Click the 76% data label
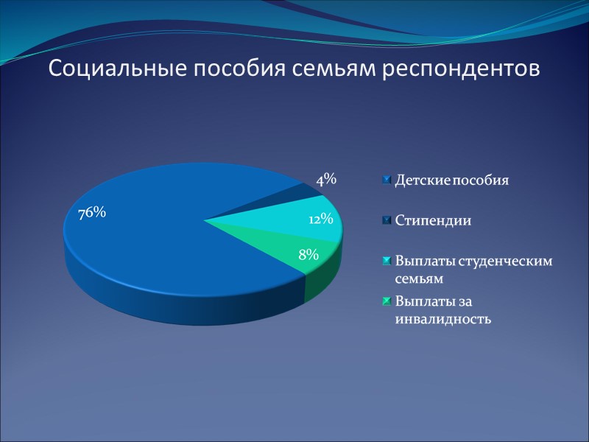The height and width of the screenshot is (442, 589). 92,213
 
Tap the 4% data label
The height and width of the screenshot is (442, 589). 326,179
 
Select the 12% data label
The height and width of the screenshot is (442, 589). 321,219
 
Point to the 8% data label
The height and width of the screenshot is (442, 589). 308,255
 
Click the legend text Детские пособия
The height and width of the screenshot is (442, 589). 452,180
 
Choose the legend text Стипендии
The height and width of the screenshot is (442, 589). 433,220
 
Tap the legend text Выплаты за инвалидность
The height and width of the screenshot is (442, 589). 442,310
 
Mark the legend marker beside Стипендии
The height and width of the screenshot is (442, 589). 387,220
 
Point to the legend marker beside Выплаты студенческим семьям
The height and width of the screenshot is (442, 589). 387,261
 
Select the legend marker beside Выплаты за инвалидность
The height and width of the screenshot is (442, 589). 387,301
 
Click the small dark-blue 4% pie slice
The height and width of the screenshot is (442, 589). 294,193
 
